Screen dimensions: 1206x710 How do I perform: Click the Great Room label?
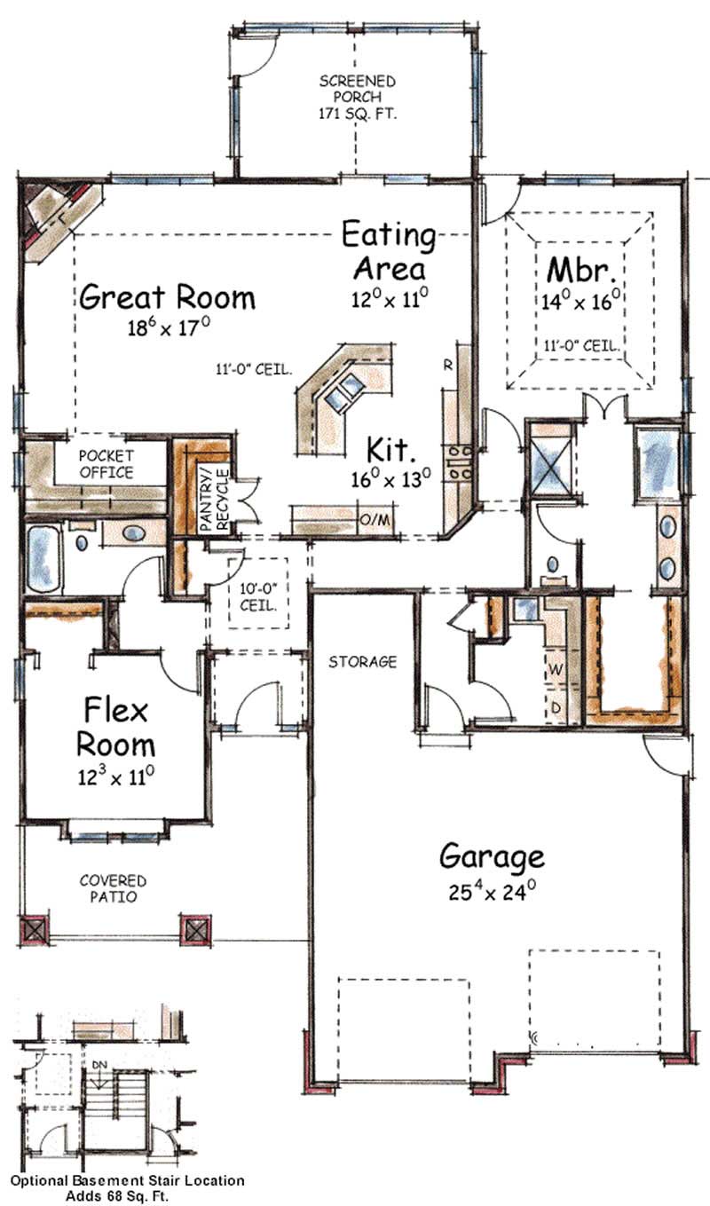pos(168,297)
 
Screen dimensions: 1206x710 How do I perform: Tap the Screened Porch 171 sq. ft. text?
pos(358,98)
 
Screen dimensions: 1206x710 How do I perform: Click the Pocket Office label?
pos(106,464)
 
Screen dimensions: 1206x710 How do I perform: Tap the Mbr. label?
pos(580,268)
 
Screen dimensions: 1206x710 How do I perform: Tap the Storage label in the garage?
pos(362,662)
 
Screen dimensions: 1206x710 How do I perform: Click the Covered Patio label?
pos(113,888)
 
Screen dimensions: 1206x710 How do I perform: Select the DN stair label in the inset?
pos(99,1063)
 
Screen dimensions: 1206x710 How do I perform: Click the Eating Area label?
pos(389,251)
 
